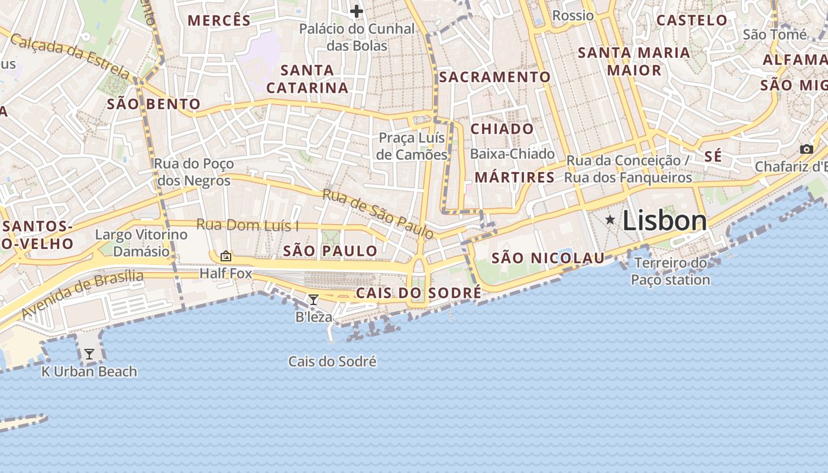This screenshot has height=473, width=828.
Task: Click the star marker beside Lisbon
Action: [610, 220]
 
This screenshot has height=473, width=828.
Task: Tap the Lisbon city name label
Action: [665, 221]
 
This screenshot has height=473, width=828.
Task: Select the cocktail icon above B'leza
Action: [313, 300]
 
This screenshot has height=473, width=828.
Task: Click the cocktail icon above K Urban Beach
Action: [89, 354]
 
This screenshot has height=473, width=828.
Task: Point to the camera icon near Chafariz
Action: [806, 149]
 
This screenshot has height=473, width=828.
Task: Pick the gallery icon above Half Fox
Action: [225, 256]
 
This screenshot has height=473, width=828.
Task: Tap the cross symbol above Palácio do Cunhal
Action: [356, 11]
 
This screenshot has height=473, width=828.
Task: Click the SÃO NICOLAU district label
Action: [548, 258]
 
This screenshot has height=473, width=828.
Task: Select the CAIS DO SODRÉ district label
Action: [418, 293]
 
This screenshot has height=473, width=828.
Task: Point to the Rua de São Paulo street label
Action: [379, 213]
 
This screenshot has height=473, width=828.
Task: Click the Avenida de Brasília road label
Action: [82, 294]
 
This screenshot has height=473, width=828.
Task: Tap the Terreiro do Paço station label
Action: [670, 271]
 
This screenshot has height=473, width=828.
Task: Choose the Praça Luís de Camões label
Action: [412, 146]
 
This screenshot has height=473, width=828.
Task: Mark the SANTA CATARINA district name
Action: [307, 79]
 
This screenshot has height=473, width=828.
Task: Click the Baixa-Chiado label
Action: [512, 154]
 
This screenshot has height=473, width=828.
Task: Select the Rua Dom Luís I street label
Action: [247, 225]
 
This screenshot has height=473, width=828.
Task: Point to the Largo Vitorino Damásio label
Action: [141, 243]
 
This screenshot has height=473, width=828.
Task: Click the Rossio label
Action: [573, 15]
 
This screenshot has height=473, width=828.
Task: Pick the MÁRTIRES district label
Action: [515, 177]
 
